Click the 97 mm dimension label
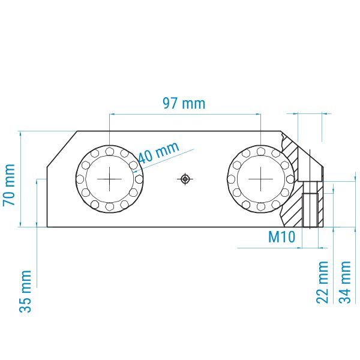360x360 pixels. click(x=184, y=104)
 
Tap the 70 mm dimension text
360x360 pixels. click(x=9, y=185)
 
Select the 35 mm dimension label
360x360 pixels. click(x=25, y=292)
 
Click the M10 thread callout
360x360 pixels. click(x=281, y=237)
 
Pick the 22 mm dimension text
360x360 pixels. click(x=322, y=282)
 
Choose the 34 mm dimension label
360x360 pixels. click(x=344, y=282)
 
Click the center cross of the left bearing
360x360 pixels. click(x=110, y=179)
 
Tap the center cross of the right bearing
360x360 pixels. click(x=261, y=179)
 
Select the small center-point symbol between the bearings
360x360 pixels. click(x=185, y=179)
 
